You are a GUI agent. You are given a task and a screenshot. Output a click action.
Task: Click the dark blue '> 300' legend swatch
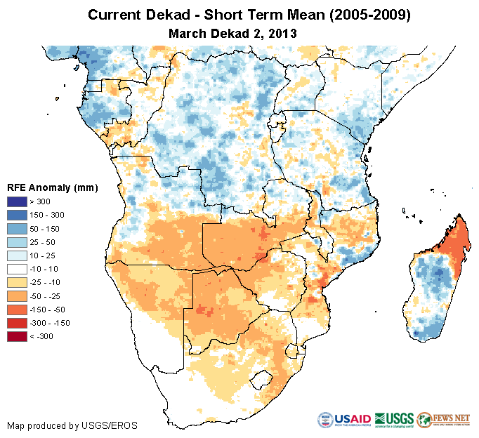click(x=17, y=202)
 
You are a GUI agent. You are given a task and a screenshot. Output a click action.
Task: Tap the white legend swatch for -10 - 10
click(x=17, y=270)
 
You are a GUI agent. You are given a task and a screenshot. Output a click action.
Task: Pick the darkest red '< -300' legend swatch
click(x=17, y=337)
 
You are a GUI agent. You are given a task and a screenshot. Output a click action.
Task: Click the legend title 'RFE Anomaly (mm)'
click(x=53, y=187)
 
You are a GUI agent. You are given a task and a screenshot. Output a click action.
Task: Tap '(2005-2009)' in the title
click(x=355, y=15)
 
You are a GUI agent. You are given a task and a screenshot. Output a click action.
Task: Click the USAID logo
click(x=344, y=420)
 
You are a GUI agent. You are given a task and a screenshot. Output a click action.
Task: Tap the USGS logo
click(x=394, y=420)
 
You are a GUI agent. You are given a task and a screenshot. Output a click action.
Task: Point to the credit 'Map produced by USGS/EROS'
click(x=72, y=425)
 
